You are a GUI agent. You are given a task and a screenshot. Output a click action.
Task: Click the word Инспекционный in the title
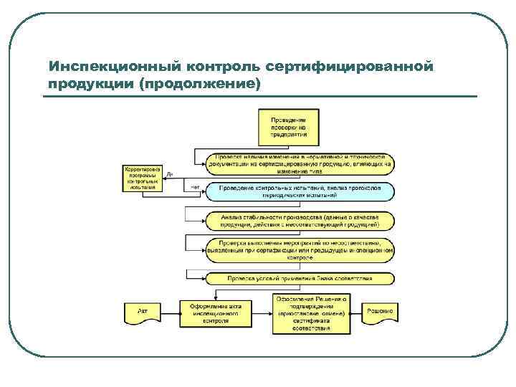(x=112, y=67)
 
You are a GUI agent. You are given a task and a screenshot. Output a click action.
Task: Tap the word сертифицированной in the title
(x=350, y=67)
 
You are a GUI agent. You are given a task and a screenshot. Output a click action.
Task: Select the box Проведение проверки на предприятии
(x=289, y=125)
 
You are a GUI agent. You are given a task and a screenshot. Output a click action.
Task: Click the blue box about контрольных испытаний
(x=300, y=191)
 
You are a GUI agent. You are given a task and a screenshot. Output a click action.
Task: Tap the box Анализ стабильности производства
(x=300, y=221)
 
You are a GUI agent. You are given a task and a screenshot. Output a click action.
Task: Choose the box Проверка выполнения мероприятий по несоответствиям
(x=300, y=249)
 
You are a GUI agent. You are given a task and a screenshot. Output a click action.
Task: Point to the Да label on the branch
(x=169, y=174)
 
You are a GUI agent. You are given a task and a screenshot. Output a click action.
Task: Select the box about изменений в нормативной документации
(x=300, y=163)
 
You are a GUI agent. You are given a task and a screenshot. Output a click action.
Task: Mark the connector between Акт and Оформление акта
(x=170, y=312)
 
